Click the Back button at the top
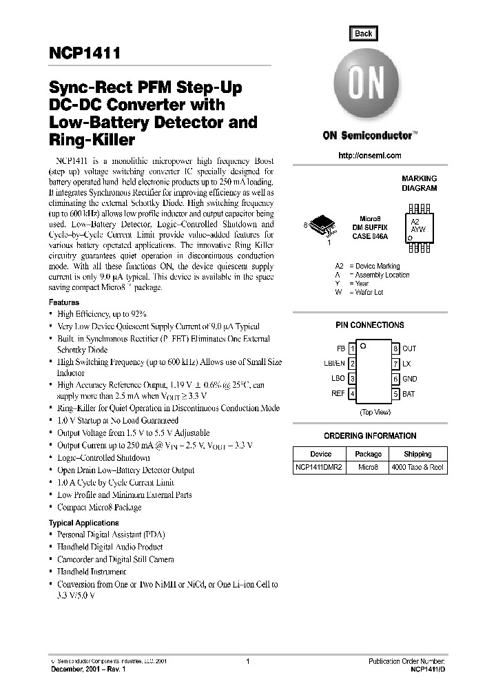(363, 34)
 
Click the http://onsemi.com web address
(370, 156)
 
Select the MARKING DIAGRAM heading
(419, 183)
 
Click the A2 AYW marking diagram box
(419, 225)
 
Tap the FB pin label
(340, 348)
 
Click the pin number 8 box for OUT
(396, 348)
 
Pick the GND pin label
(410, 379)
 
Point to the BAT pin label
(409, 394)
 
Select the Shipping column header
(417, 454)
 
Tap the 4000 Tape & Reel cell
(417, 467)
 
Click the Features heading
(64, 302)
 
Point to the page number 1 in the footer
(247, 661)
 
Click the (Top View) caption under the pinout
(375, 411)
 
